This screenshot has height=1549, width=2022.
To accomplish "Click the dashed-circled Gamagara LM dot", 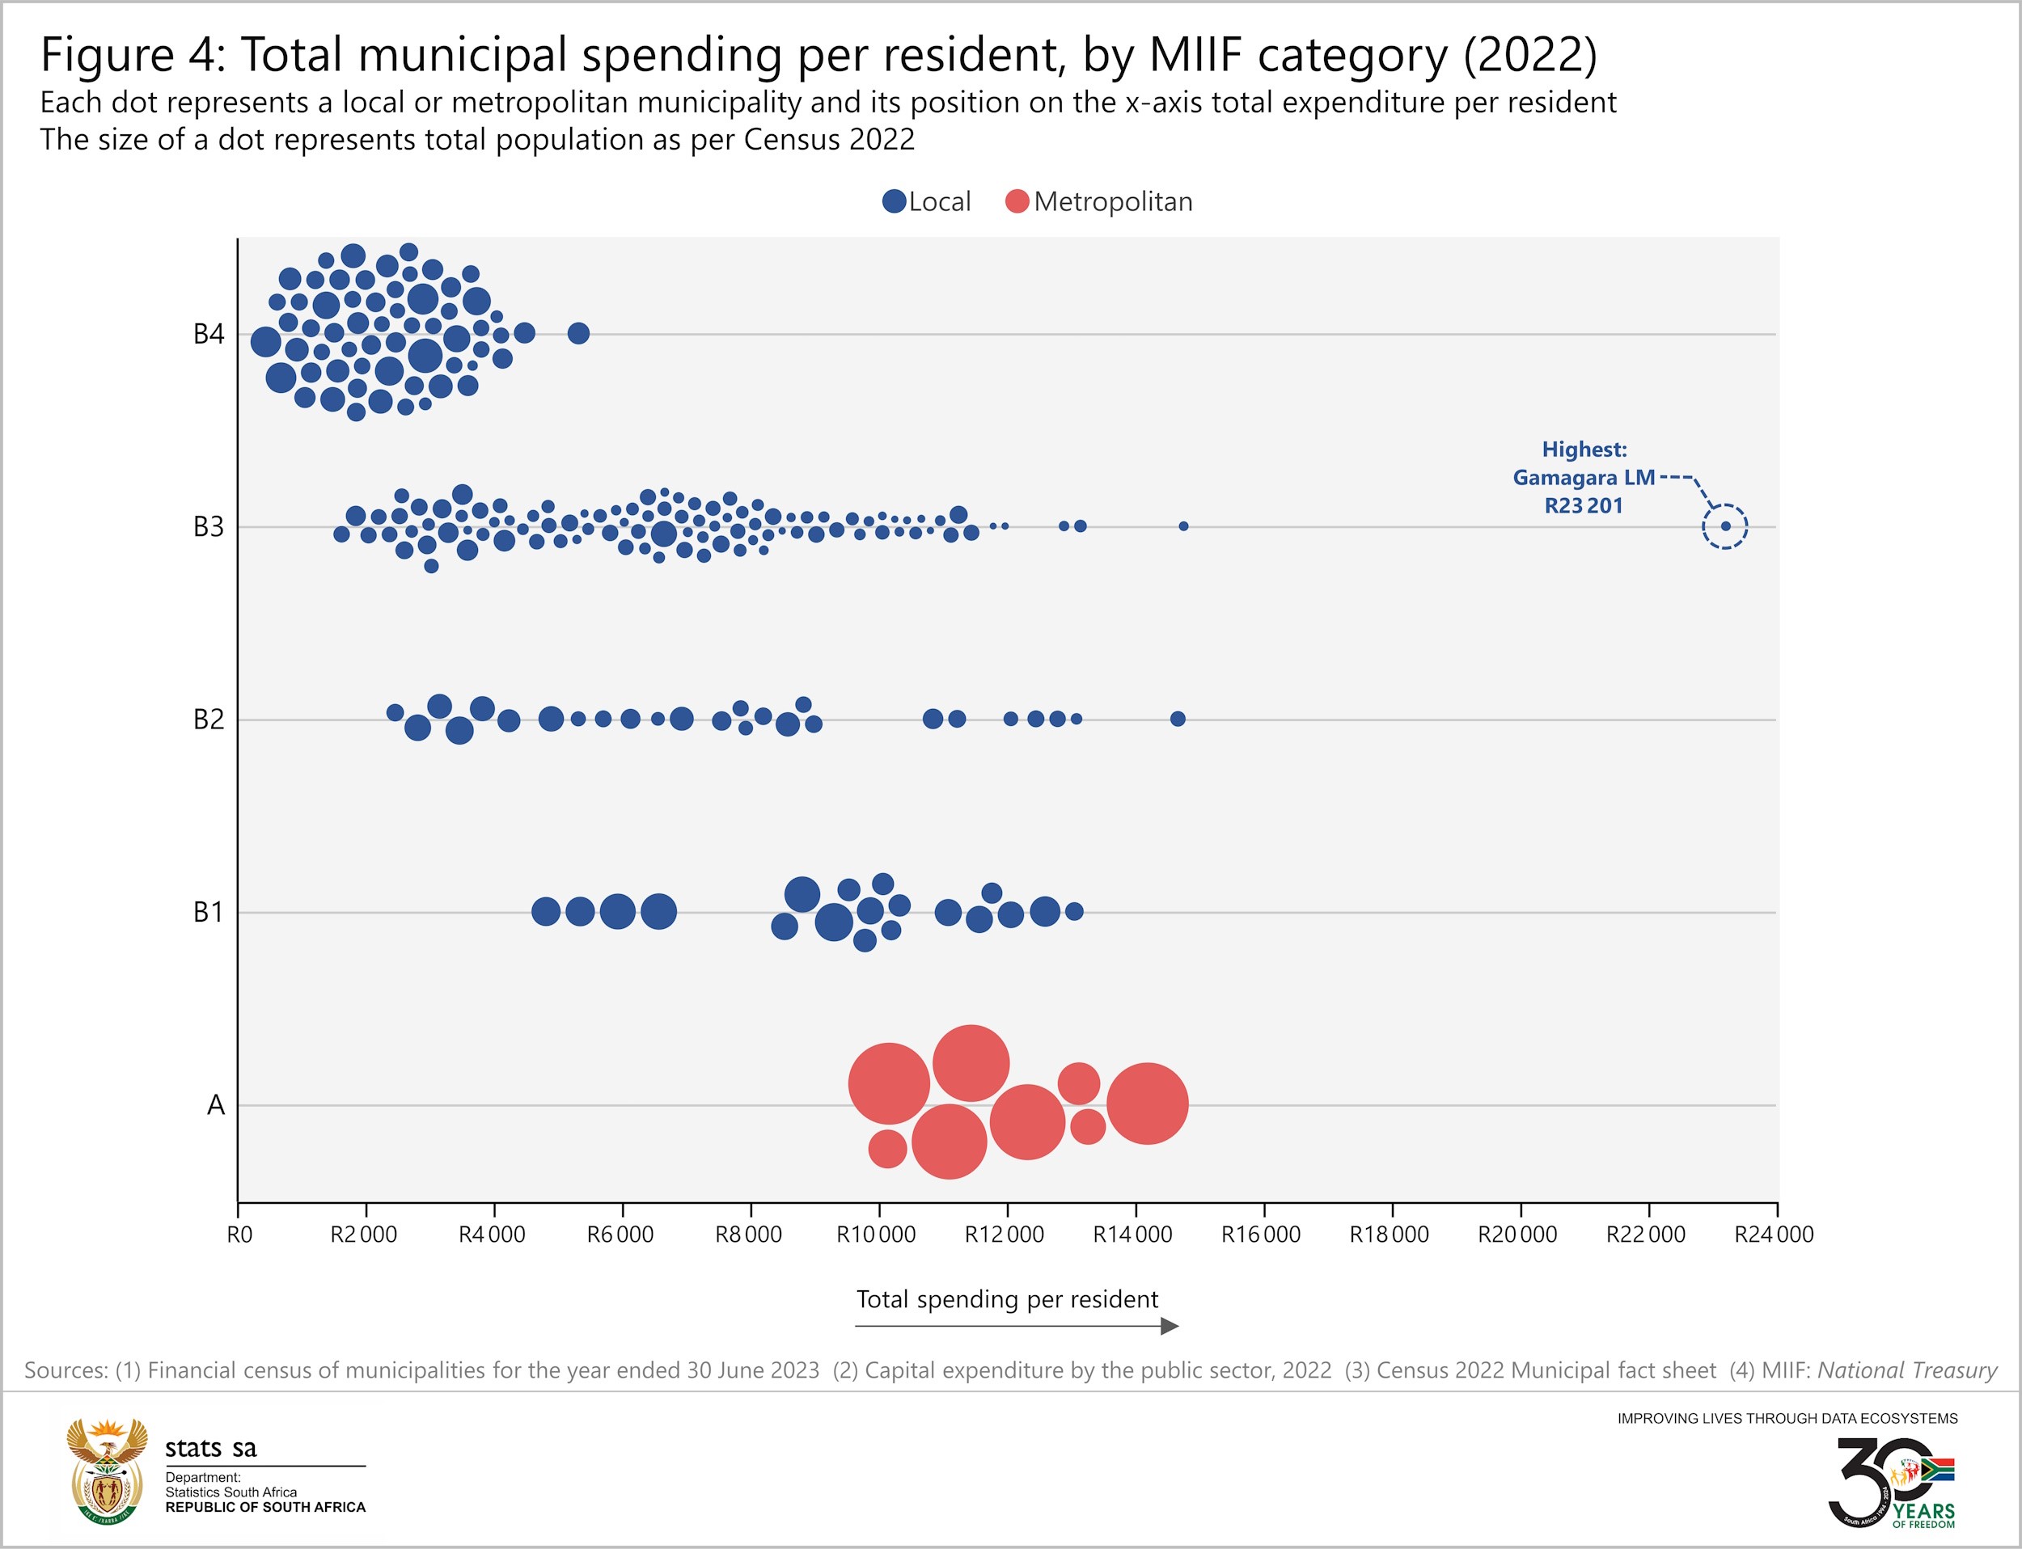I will pyautogui.click(x=1725, y=526).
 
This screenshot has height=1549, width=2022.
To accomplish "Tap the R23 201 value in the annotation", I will pyautogui.click(x=1583, y=505).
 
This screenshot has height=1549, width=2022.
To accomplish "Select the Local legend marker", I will pyautogui.click(x=894, y=202).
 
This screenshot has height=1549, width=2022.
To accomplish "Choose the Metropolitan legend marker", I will pyautogui.click(x=1017, y=202).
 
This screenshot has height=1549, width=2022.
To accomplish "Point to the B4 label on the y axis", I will pyautogui.click(x=209, y=334).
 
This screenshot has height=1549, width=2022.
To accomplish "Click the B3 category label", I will pyautogui.click(x=209, y=526).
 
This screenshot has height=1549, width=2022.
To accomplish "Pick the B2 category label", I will pyautogui.click(x=209, y=720).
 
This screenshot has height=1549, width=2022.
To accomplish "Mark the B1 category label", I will pyautogui.click(x=209, y=912).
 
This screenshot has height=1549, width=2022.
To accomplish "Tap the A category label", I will pyautogui.click(x=216, y=1104).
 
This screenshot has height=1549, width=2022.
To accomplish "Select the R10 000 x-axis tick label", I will pyautogui.click(x=876, y=1235).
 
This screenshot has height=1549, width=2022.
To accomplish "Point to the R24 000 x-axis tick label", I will pyautogui.click(x=1774, y=1235).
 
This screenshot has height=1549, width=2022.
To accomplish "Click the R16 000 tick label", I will pyautogui.click(x=1261, y=1235).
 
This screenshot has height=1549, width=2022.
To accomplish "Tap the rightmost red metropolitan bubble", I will pyautogui.click(x=1148, y=1104).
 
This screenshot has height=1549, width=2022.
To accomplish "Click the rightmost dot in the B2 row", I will pyautogui.click(x=1178, y=718).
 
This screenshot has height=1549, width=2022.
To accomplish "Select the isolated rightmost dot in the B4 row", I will pyautogui.click(x=578, y=333).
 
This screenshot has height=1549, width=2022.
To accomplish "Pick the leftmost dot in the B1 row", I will pyautogui.click(x=546, y=912).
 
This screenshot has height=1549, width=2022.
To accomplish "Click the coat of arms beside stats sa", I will pyautogui.click(x=107, y=1471).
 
